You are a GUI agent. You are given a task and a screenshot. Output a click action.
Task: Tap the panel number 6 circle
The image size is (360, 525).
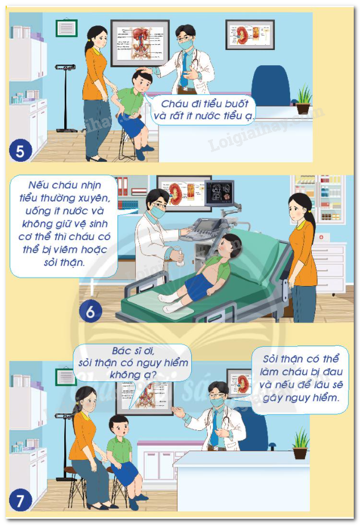point(90,311)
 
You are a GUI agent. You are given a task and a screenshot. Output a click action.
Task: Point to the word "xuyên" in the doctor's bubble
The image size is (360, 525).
point(94,198)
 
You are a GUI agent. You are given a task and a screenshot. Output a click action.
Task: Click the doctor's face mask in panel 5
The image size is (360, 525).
point(186,44)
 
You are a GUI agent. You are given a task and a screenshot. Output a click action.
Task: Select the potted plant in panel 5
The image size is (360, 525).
point(303,99)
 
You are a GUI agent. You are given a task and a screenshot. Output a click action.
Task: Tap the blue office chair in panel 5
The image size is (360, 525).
point(271,86)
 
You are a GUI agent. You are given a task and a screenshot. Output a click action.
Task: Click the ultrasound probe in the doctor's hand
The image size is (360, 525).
point(181,258)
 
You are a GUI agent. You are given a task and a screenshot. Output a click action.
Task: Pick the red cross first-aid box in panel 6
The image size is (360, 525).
point(321,237)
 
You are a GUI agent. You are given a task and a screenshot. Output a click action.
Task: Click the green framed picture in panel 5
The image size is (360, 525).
point(67,28)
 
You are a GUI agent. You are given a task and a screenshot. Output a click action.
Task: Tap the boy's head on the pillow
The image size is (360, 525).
point(229,245)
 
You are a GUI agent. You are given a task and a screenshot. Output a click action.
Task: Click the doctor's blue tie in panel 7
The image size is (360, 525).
point(214,427)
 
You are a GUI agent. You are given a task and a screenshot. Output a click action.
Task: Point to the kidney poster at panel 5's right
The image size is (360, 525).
point(250,35)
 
